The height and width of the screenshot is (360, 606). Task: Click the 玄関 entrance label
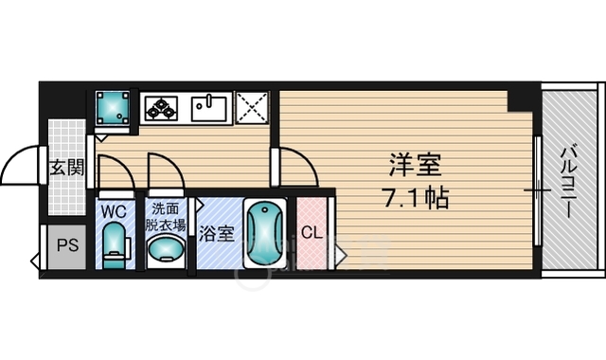pyautogui.click(x=66, y=169)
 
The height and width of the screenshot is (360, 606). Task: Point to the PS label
pyautogui.click(x=65, y=246)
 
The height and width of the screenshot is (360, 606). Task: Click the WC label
pyautogui.click(x=114, y=208)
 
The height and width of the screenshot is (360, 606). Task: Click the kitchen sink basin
pyautogui.click(x=208, y=109)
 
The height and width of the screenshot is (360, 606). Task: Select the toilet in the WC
pyautogui.click(x=116, y=243)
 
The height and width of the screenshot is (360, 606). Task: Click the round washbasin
pyautogui.click(x=166, y=250)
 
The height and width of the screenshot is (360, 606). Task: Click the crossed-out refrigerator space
pyautogui.click(x=253, y=109)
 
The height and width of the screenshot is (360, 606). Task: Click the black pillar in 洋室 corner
pyautogui.click(x=519, y=98)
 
